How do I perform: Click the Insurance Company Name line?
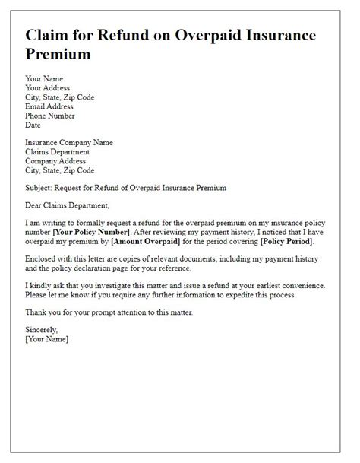(x=70, y=141)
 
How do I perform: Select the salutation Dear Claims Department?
(x=68, y=205)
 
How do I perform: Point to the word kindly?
(x=44, y=286)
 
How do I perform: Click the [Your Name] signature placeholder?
(x=47, y=340)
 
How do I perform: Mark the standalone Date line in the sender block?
(x=34, y=125)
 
